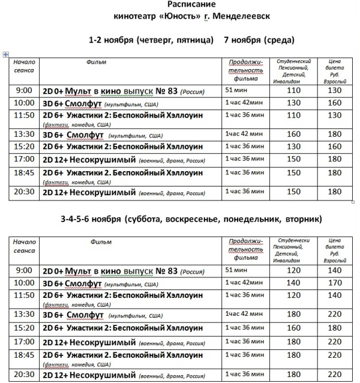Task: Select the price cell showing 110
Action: tap(294, 90)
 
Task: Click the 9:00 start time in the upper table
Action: tap(23, 90)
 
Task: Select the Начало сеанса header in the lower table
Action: tap(23, 246)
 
